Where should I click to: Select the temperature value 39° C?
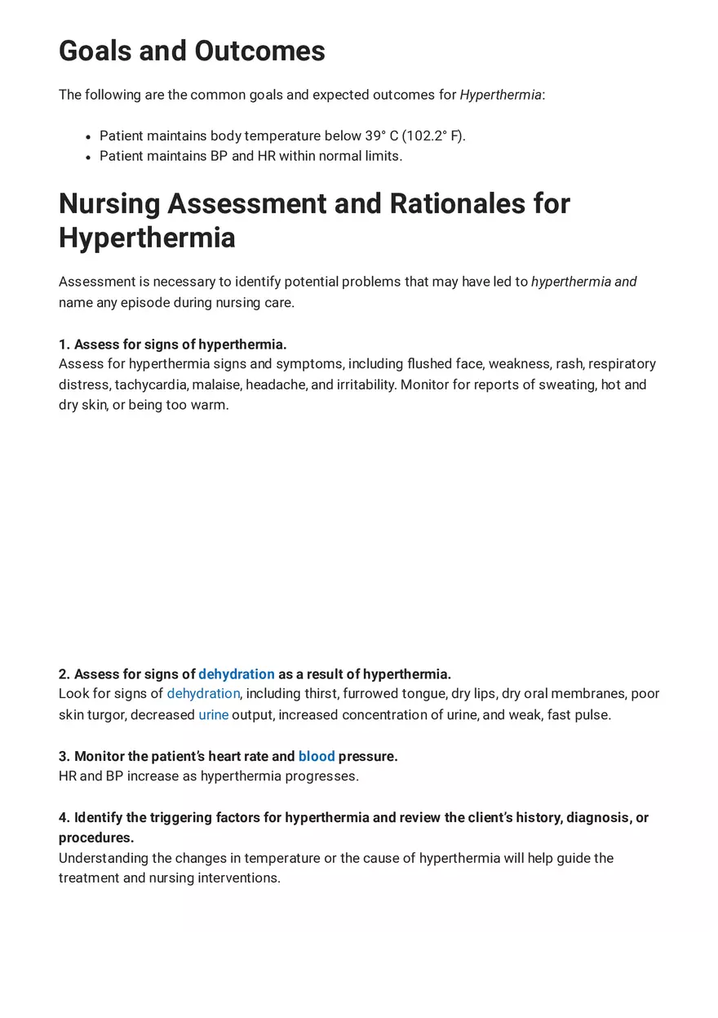tap(381, 136)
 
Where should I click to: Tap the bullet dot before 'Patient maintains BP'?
tap(87, 157)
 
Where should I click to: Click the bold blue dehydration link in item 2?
tap(236, 674)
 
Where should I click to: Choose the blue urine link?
tap(213, 715)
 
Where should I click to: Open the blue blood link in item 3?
tap(317, 757)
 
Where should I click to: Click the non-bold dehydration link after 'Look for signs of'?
tap(203, 694)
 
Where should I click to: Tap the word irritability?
tap(361, 385)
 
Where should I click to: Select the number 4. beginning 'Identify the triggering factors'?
tap(64, 818)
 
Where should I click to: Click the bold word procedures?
tap(95, 838)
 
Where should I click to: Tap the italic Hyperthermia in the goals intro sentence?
tap(500, 95)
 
